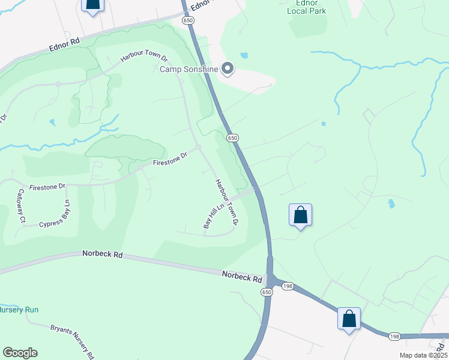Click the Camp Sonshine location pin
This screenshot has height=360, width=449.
tap(228, 69)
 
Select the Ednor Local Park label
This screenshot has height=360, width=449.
tap(307, 7)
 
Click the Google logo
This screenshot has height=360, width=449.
tap(20, 353)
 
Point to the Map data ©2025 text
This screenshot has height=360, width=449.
tap(423, 355)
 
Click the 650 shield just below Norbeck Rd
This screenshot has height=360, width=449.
tap(266, 292)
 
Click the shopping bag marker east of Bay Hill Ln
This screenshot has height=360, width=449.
tap(300, 215)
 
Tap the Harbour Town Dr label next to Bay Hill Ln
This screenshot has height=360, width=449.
tap(227, 202)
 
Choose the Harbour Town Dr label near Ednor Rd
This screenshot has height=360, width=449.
tap(143, 56)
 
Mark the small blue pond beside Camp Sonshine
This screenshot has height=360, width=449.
tap(244, 56)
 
